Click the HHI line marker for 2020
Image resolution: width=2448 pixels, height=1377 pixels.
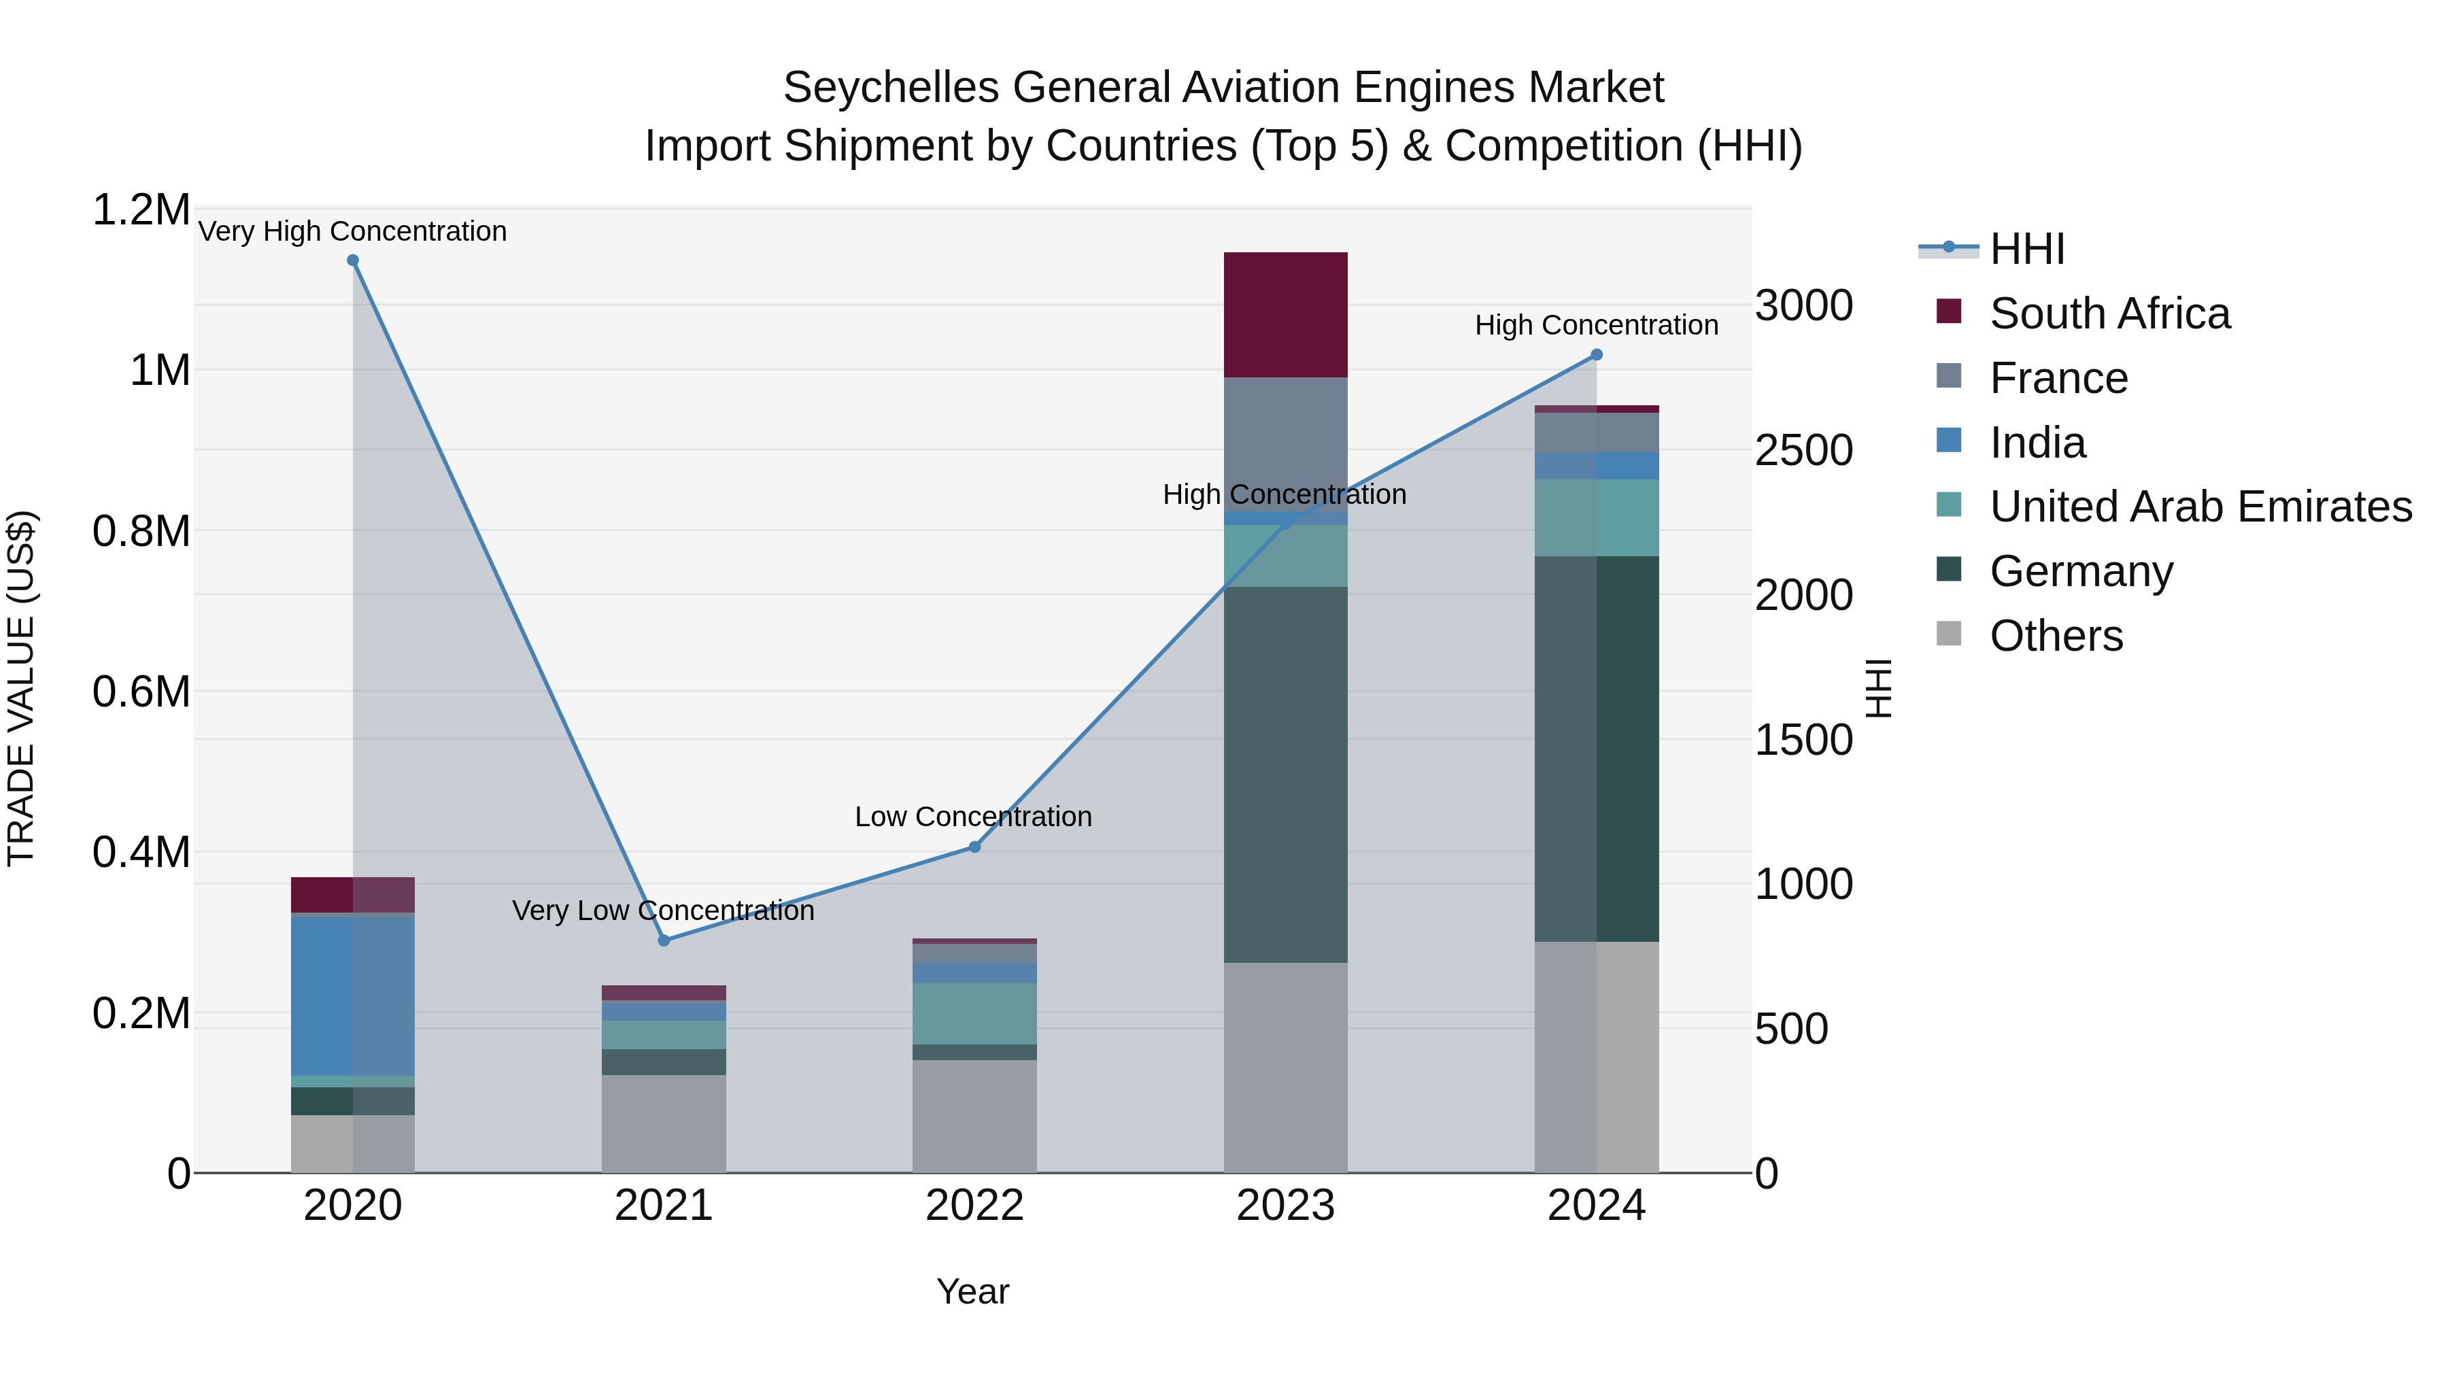coord(352,260)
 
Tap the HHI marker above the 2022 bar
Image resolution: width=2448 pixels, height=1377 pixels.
coord(974,847)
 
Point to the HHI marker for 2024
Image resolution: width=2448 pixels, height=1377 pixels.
coord(1597,354)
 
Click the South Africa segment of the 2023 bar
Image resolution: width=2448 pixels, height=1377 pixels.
coord(1285,315)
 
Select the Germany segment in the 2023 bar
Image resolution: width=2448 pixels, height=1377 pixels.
coord(1285,775)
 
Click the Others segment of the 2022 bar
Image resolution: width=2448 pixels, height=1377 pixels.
coord(974,1116)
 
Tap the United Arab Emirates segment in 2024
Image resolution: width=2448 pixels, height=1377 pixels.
coord(1597,518)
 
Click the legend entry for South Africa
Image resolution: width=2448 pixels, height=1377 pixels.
coord(2109,313)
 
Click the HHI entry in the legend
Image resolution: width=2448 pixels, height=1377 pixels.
coord(2026,249)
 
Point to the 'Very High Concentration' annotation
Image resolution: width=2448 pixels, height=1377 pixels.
coord(352,231)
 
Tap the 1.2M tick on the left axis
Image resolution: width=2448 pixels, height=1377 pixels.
coord(141,210)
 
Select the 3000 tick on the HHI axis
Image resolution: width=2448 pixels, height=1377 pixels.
coord(1803,306)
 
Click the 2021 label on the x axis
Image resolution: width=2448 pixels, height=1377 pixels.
coord(663,1206)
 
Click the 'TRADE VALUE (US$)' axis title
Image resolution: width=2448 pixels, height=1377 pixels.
coord(21,688)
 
